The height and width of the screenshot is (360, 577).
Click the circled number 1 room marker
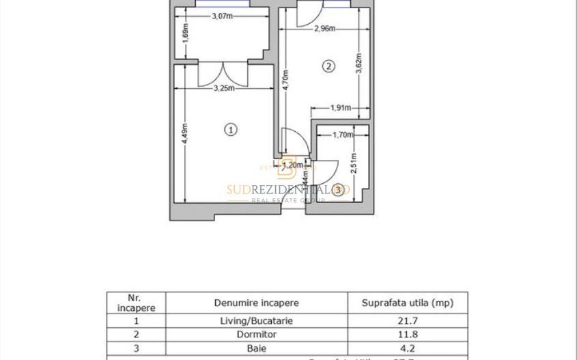231,129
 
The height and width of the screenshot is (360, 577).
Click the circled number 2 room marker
328,66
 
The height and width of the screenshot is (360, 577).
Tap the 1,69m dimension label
186,35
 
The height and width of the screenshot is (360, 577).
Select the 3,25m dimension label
224,88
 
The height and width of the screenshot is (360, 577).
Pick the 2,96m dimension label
325,29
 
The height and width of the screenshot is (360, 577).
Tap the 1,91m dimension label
341,107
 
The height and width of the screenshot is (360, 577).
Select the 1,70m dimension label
343,135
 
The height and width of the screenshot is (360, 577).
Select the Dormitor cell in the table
256,335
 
